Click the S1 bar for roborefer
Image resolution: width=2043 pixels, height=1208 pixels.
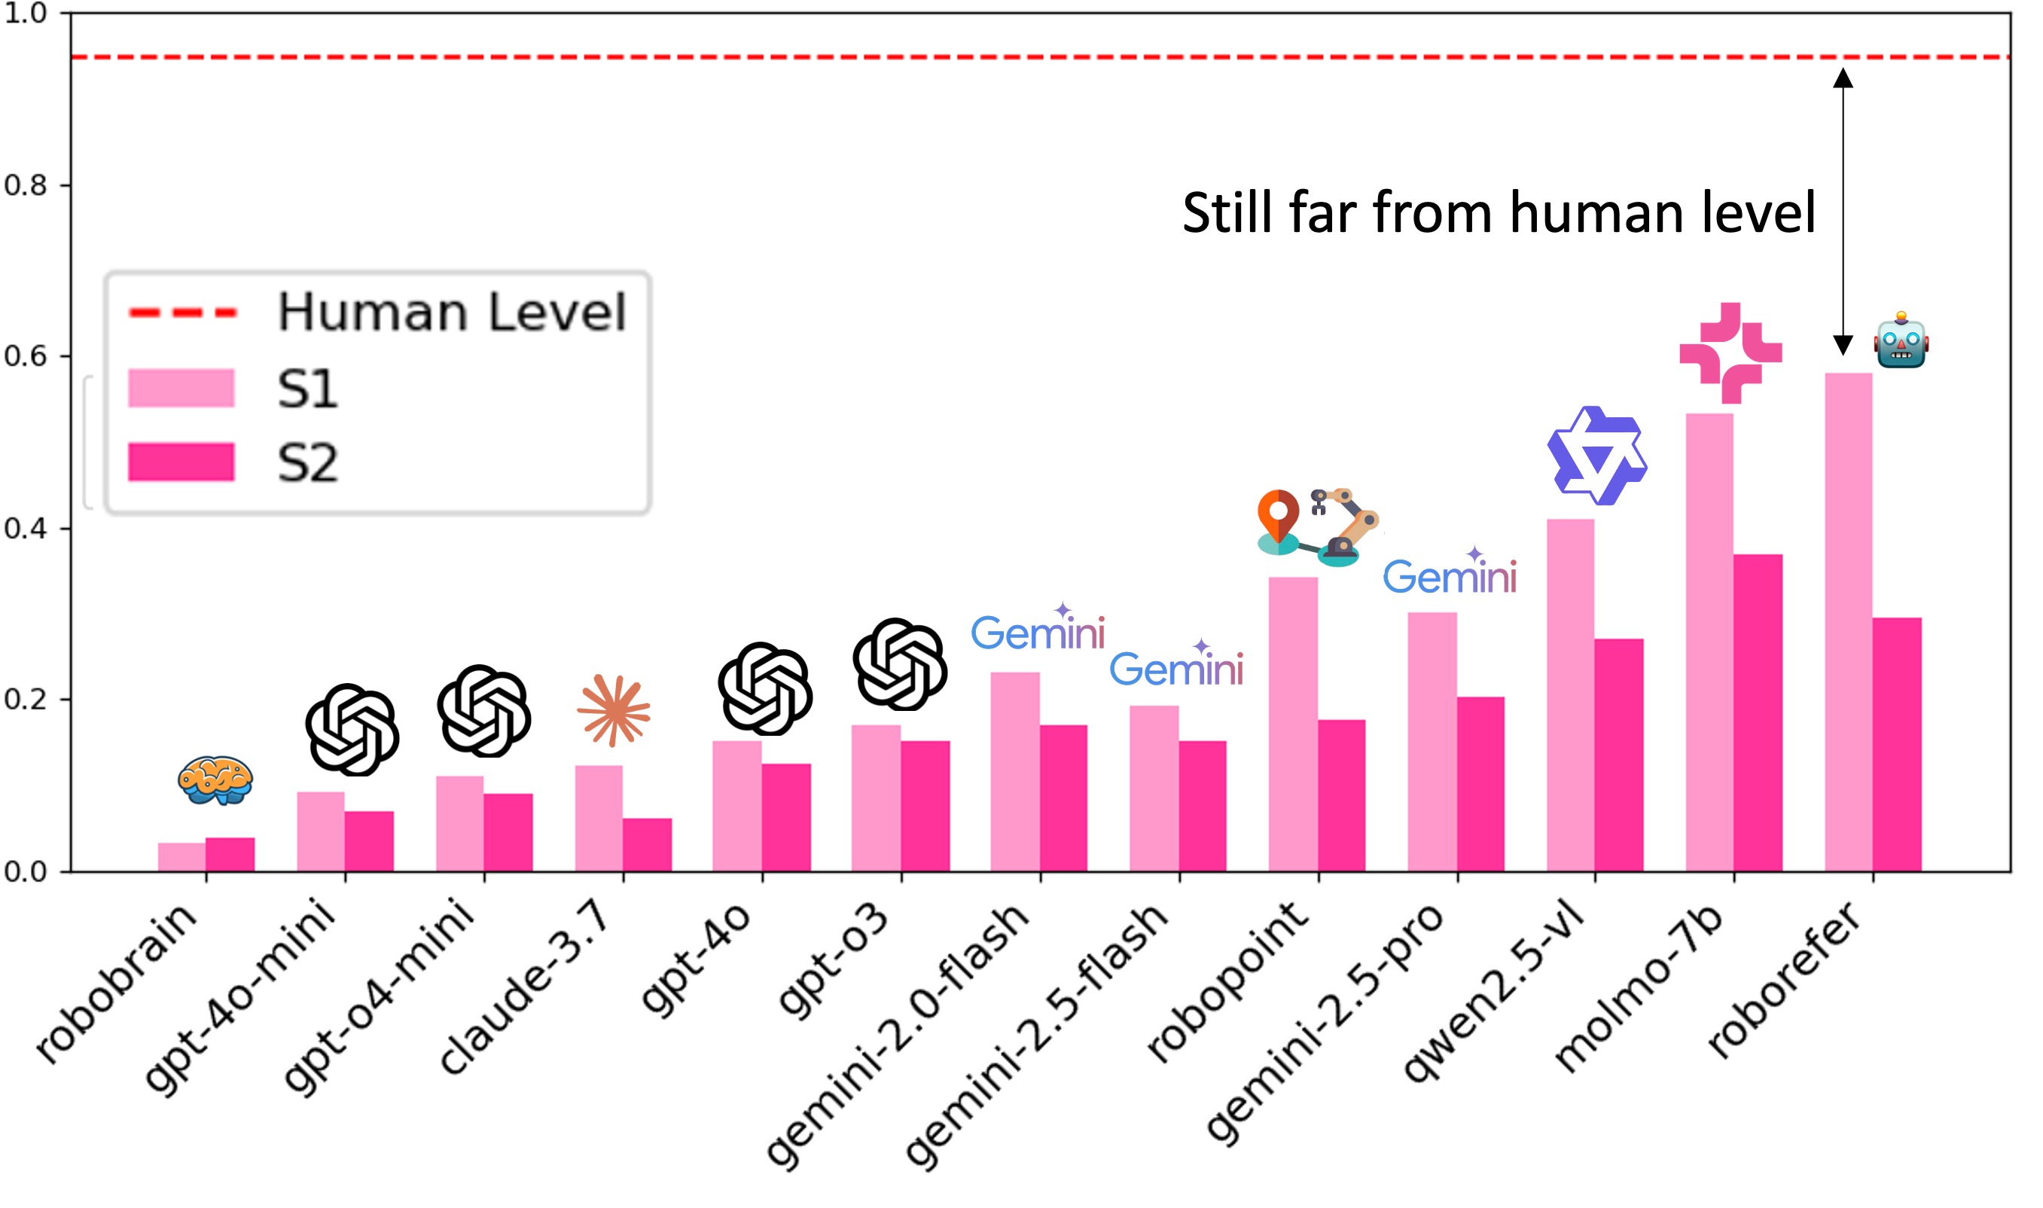(x=1848, y=623)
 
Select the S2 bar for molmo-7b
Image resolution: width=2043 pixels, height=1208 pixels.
(x=1758, y=713)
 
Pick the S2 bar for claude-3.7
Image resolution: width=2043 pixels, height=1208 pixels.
(x=647, y=845)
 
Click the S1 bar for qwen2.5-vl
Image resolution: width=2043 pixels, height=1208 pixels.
(x=1570, y=695)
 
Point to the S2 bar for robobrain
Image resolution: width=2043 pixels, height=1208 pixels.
(x=230, y=855)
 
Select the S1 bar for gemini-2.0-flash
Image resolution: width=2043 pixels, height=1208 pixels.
(x=1014, y=772)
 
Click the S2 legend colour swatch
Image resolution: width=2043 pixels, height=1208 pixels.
(x=181, y=462)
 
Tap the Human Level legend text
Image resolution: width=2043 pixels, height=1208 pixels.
(x=452, y=312)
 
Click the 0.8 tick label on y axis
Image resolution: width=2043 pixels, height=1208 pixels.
(x=26, y=185)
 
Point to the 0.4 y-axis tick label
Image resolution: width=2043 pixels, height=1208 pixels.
(x=26, y=528)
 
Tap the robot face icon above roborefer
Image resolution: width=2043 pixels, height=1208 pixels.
(x=1901, y=340)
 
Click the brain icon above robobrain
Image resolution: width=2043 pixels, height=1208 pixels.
(x=215, y=779)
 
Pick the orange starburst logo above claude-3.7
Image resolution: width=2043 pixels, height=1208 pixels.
(x=614, y=710)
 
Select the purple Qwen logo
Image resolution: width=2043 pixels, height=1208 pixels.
(x=1596, y=456)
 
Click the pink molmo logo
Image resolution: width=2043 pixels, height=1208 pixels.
(x=1730, y=352)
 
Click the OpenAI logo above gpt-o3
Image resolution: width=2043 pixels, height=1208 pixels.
(x=899, y=663)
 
